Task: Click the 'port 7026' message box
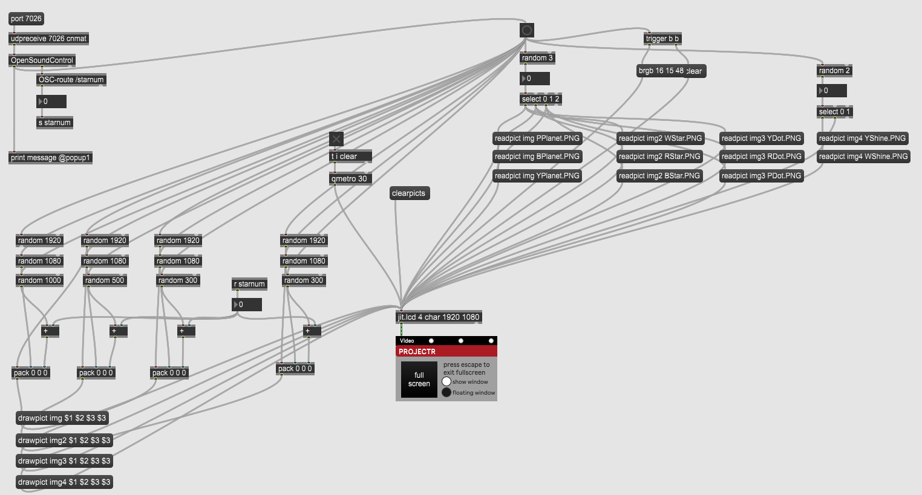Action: pyautogui.click(x=26, y=19)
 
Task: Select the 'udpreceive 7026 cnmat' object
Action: pyautogui.click(x=48, y=39)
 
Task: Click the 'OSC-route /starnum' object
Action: pyautogui.click(x=71, y=80)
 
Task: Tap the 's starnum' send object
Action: pyautogui.click(x=54, y=123)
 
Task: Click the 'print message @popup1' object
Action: pyautogui.click(x=50, y=158)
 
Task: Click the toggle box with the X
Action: pyautogui.click(x=336, y=139)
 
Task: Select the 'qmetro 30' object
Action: pyautogui.click(x=349, y=179)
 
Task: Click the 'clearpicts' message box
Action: pyautogui.click(x=408, y=193)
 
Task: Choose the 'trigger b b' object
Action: pyautogui.click(x=662, y=39)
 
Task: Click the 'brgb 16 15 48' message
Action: pyautogui.click(x=660, y=71)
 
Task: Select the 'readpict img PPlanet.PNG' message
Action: pyautogui.click(x=537, y=138)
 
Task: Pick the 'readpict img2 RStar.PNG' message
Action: pyautogui.click(x=659, y=157)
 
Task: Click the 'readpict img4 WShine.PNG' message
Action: pyautogui.click(x=863, y=157)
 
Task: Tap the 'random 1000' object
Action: pyautogui.click(x=39, y=280)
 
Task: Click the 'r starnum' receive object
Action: pyautogui.click(x=249, y=284)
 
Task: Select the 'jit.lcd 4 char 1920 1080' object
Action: pyautogui.click(x=438, y=317)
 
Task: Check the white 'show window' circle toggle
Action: pyautogui.click(x=446, y=381)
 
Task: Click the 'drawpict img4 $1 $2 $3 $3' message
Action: pyautogui.click(x=64, y=482)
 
